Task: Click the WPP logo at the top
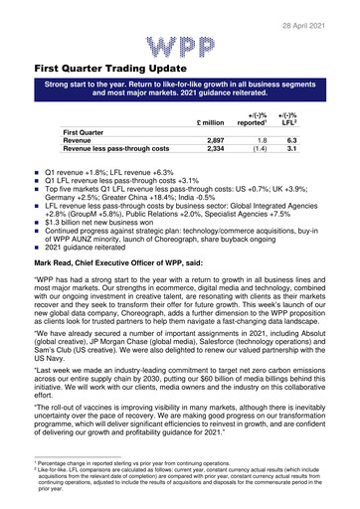[x=179, y=47]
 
